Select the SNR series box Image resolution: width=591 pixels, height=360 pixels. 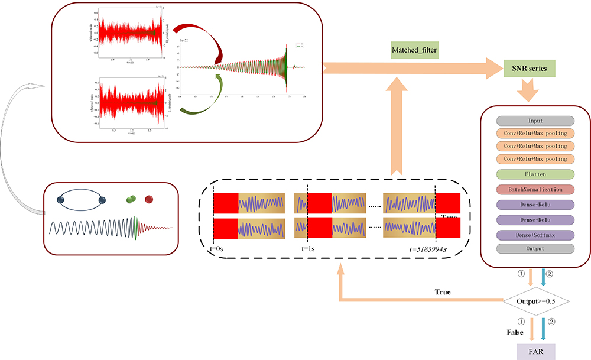(529, 69)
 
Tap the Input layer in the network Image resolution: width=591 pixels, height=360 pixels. (535, 121)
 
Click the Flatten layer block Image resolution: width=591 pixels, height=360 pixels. (535, 174)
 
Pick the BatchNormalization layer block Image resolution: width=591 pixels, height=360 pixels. (535, 190)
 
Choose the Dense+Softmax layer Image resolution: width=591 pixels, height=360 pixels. (535, 235)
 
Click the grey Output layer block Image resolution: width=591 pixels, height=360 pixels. (535, 249)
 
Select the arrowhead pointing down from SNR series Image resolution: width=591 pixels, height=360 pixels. (528, 93)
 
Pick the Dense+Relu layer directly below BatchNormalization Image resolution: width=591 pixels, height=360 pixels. (535, 205)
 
